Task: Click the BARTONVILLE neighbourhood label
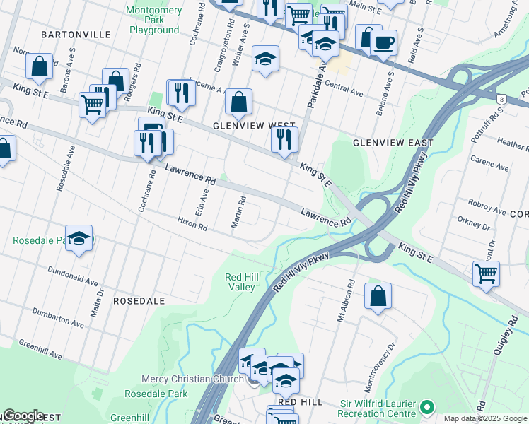click(x=76, y=34)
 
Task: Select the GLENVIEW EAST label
click(x=393, y=142)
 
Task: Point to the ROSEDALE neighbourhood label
click(x=139, y=300)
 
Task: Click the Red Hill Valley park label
click(x=240, y=282)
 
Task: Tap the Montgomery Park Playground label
click(x=153, y=20)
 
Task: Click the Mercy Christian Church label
click(x=192, y=379)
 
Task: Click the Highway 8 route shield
click(x=501, y=100)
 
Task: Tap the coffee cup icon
click(x=383, y=42)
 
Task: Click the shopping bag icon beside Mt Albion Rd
click(x=378, y=295)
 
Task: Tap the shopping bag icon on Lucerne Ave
click(x=239, y=102)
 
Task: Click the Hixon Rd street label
click(x=192, y=225)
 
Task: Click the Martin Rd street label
click(x=238, y=212)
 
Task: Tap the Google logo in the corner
click(x=23, y=416)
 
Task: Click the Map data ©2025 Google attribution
click(x=484, y=418)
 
